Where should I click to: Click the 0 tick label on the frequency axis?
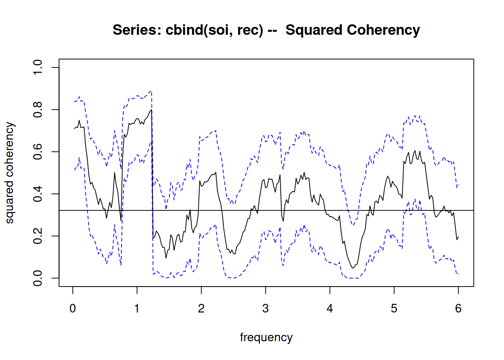click(73, 309)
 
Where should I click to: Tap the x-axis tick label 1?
click(137, 309)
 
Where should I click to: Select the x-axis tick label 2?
click(201, 309)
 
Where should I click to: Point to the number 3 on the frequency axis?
click(265, 309)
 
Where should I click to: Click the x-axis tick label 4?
click(330, 309)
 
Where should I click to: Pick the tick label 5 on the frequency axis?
click(394, 309)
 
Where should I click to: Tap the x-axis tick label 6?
click(458, 309)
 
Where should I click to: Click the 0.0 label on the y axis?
click(38, 278)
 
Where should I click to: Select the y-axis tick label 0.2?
click(38, 236)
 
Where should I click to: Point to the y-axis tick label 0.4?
click(38, 194)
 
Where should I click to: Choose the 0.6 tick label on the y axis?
click(38, 152)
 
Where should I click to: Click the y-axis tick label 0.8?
click(38, 109)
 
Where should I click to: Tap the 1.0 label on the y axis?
click(38, 67)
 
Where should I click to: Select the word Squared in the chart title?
click(314, 30)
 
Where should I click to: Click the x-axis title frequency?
click(266, 337)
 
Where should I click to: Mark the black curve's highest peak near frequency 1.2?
click(151, 110)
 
